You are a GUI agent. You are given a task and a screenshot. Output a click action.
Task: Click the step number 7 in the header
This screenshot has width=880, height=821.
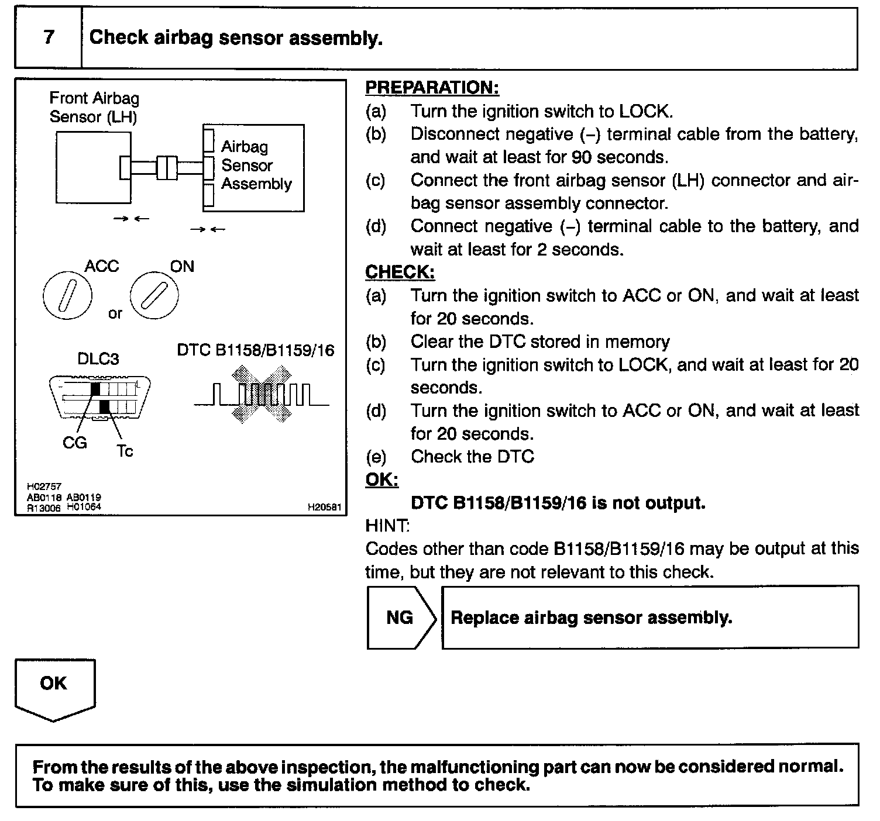[x=49, y=37]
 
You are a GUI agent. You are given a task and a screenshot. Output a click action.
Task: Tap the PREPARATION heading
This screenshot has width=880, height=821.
[x=432, y=88]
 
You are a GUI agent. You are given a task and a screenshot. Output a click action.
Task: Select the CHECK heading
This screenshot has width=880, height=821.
[x=400, y=272]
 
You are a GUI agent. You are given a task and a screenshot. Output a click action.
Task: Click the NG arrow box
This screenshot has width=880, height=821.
[x=401, y=618]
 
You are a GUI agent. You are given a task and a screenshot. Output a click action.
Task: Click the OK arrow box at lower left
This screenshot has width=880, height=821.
[x=54, y=687]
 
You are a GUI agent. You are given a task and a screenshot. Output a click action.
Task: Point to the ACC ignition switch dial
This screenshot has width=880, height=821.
[x=67, y=296]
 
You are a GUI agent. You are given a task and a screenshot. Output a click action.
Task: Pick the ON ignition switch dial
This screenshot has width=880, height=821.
[x=154, y=296]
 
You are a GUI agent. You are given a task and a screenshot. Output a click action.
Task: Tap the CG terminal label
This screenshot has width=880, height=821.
[x=74, y=443]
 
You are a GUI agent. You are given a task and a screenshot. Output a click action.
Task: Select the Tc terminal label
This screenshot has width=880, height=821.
[x=125, y=451]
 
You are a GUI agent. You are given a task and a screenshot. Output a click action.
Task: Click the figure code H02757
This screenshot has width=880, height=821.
[x=44, y=487]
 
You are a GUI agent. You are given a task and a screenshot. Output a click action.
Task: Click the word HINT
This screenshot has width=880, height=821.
[x=387, y=526]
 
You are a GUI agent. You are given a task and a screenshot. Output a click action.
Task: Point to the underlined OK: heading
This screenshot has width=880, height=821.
[x=381, y=480]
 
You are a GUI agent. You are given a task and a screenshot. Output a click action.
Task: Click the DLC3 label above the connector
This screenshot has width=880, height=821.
[x=98, y=358]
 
